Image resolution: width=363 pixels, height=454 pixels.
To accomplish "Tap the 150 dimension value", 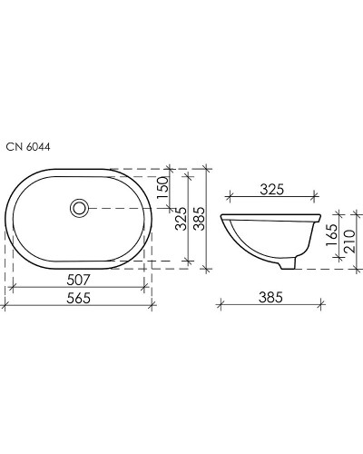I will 162,188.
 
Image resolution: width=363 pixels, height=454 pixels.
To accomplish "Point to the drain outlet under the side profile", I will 285,266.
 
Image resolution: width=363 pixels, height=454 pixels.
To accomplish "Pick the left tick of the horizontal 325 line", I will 229,198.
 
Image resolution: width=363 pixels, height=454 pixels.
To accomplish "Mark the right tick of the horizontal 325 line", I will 317,198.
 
